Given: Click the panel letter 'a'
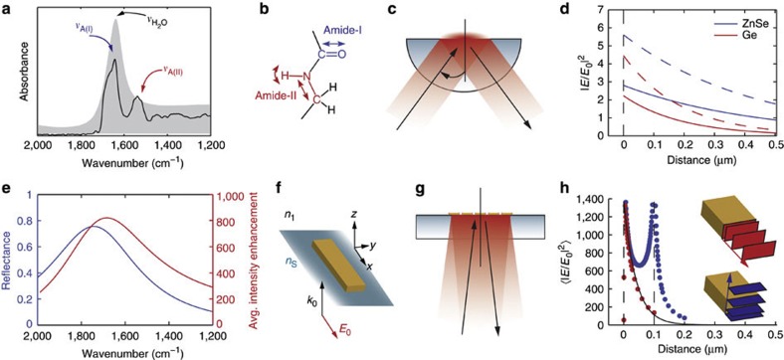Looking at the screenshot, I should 6,8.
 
